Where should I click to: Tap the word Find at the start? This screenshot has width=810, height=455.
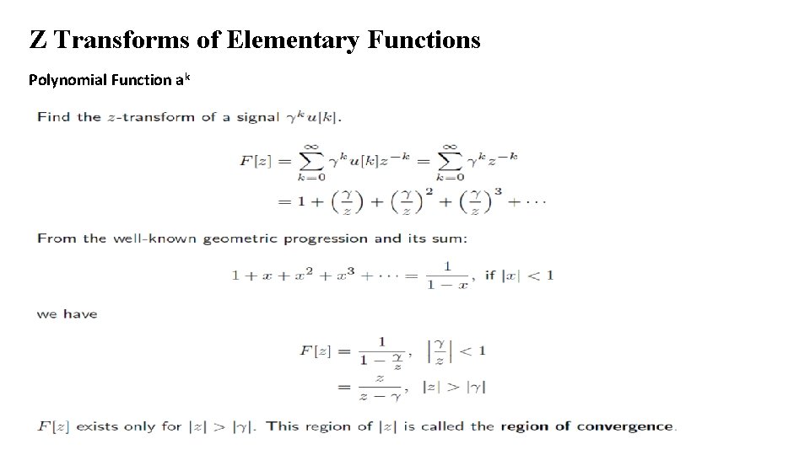pos(53,116)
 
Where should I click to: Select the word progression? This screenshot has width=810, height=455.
pos(326,238)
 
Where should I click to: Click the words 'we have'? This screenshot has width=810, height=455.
pos(67,314)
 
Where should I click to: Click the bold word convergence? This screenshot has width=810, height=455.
pos(625,426)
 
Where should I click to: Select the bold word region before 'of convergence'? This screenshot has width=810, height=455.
pos(525,426)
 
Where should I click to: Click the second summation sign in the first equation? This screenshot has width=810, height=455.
pos(450,160)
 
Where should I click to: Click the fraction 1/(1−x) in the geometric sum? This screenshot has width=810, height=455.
pos(446,276)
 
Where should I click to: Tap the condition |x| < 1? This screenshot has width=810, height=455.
pos(529,276)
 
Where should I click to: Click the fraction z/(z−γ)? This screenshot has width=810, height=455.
pos(380,387)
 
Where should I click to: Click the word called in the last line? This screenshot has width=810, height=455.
pos(445,426)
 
